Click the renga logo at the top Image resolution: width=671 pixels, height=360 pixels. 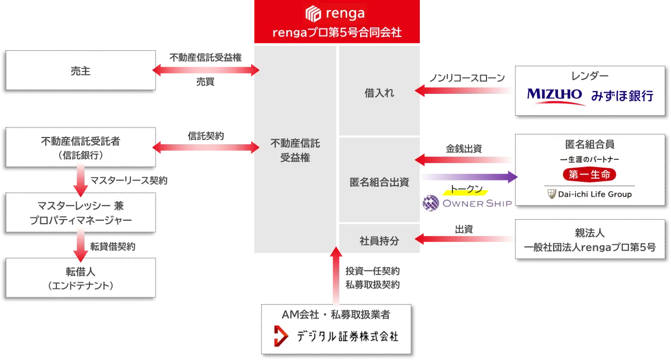click(x=335, y=12)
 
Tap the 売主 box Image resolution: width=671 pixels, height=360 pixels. click(x=81, y=70)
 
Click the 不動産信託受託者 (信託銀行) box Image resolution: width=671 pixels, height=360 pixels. click(x=81, y=148)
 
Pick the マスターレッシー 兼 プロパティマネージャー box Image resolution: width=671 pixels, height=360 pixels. click(x=81, y=212)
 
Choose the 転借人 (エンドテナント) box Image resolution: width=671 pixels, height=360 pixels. click(x=81, y=278)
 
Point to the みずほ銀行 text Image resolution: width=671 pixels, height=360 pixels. click(x=622, y=96)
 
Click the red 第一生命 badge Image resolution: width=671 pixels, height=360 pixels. click(x=589, y=175)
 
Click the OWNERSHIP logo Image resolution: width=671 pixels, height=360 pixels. click(x=467, y=203)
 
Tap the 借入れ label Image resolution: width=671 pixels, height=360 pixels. click(x=379, y=93)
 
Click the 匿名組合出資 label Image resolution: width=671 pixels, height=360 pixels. click(x=379, y=182)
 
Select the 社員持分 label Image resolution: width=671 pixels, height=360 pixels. click(x=379, y=240)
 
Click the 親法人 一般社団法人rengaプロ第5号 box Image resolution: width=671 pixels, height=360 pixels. click(x=589, y=239)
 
